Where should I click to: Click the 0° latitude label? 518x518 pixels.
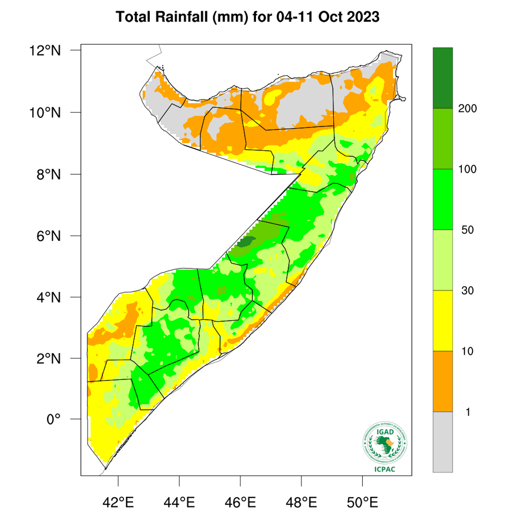pos(53,420)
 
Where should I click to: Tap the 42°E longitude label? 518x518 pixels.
pos(118,501)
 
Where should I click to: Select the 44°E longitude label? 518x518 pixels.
pos(180,501)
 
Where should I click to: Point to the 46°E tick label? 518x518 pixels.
pos(240,501)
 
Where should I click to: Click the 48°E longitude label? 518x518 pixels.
pos(302,501)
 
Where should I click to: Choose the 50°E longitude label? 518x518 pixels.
pos(362,501)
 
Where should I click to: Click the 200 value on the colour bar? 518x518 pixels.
pos(467,109)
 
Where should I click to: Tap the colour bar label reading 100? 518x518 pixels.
pos(467,169)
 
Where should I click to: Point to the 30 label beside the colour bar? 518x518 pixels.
pos(467,291)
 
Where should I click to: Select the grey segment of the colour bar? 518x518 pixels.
pos(442,441)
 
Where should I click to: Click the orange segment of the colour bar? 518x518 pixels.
pos(442,381)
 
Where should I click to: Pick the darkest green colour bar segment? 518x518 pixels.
pos(442,78)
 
